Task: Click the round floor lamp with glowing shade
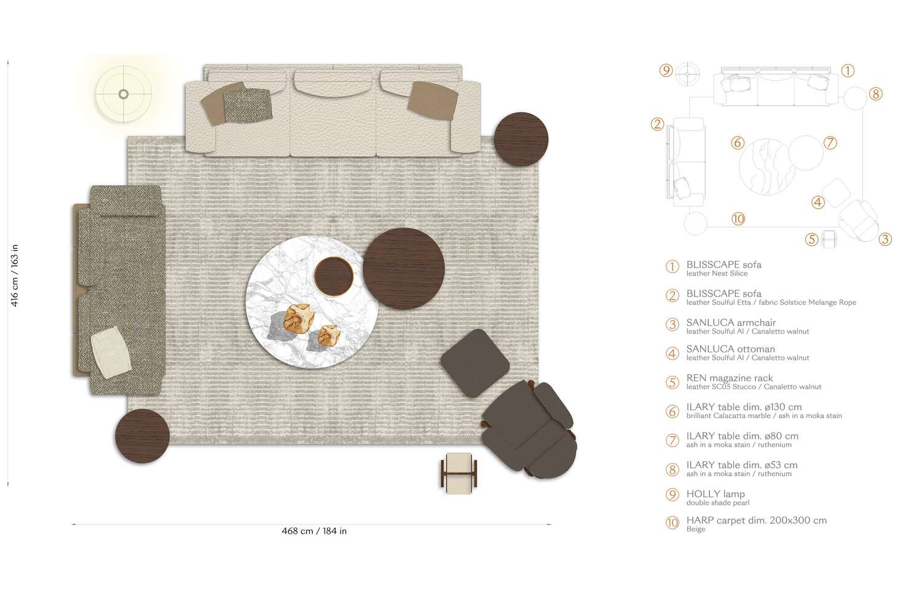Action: pyautogui.click(x=124, y=94)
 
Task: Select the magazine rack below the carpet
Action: pyautogui.click(x=459, y=472)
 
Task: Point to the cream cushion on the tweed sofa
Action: pyautogui.click(x=111, y=352)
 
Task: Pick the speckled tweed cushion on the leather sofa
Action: pyautogui.click(x=247, y=105)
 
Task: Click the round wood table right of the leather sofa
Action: pyautogui.click(x=521, y=139)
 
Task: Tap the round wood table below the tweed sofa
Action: pyautogui.click(x=142, y=436)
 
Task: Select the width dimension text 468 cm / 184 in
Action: pyautogui.click(x=314, y=531)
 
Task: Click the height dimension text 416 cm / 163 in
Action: pyautogui.click(x=15, y=275)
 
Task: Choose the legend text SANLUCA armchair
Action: pyautogui.click(x=731, y=322)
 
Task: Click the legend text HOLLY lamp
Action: pyautogui.click(x=715, y=494)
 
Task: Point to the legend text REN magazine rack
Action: pyautogui.click(x=730, y=378)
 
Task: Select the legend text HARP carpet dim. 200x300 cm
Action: pyautogui.click(x=756, y=520)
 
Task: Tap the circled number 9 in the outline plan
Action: pyautogui.click(x=666, y=71)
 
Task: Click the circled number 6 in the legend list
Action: pyautogui.click(x=672, y=411)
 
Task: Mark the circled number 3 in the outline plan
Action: pyautogui.click(x=885, y=239)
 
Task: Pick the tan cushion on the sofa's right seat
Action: pyautogui.click(x=433, y=99)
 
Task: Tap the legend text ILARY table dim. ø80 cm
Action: pyautogui.click(x=742, y=436)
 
